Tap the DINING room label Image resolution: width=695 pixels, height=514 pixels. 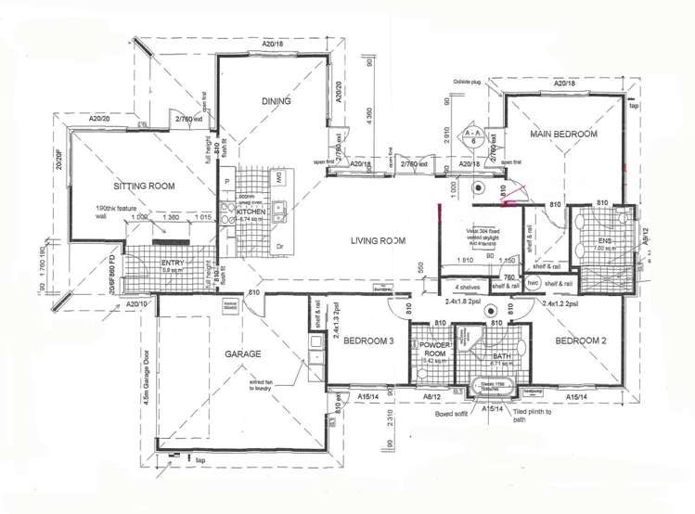pos(276,102)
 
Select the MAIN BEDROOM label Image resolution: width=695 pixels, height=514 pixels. pos(562,135)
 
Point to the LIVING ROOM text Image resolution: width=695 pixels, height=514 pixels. pos(378,241)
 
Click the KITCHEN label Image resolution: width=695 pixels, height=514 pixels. pos(251,212)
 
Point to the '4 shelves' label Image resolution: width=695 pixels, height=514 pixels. pos(469,288)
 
